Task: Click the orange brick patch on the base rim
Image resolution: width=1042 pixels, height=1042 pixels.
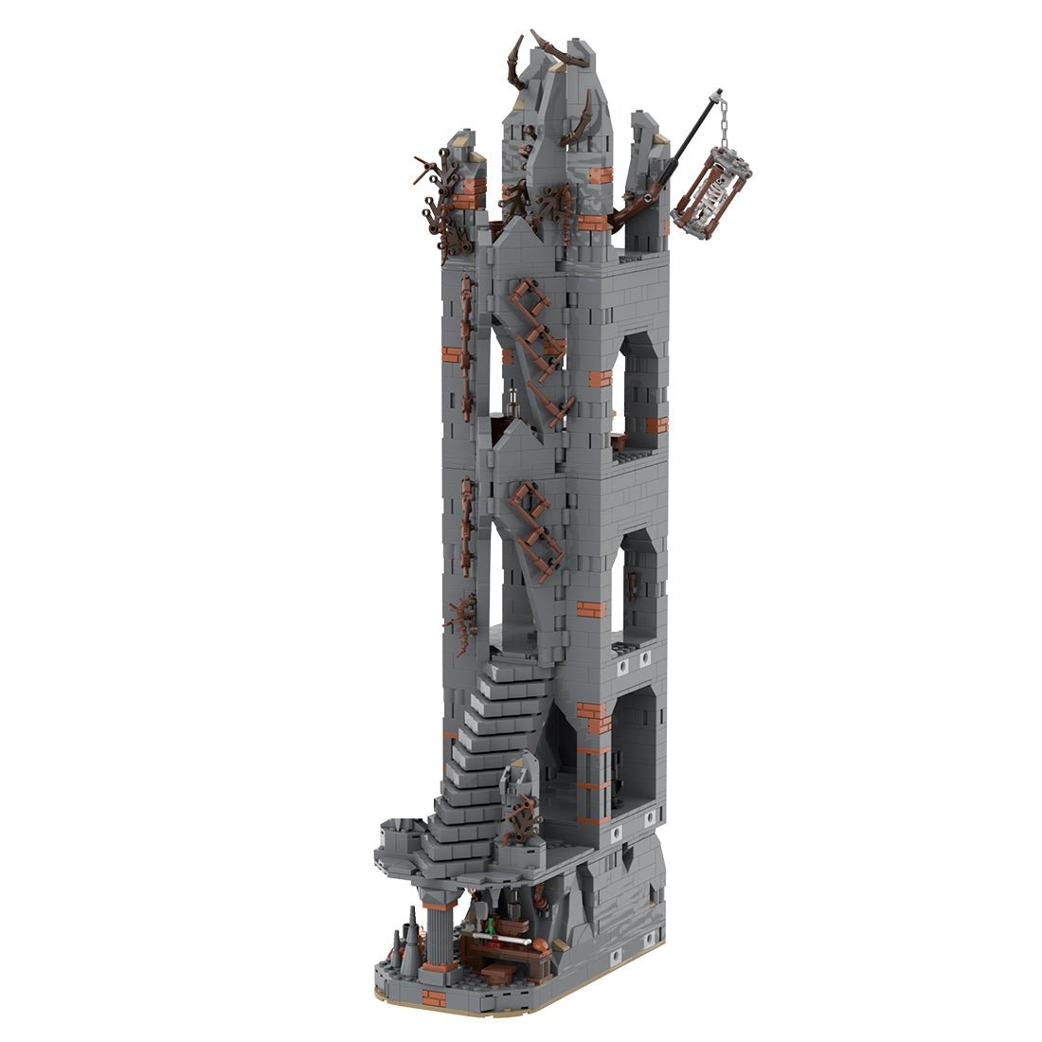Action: (433, 997)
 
